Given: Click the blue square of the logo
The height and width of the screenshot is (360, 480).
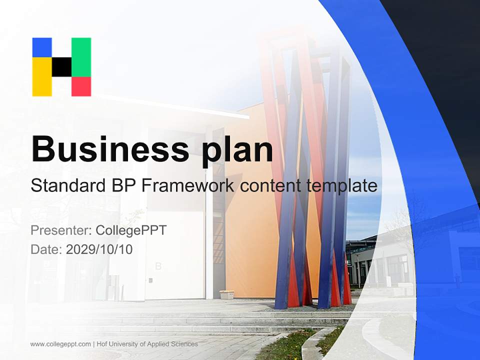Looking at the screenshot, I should tap(42, 47).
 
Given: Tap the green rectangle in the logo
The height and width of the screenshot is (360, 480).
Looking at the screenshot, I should tap(81, 56).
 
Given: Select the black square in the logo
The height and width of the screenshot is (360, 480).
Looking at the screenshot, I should tap(61, 66).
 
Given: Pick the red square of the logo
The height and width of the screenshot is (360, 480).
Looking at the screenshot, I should tap(81, 86).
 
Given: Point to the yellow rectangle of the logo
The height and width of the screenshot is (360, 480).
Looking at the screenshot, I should tap(42, 76).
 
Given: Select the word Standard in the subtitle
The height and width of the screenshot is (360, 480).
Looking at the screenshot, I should tap(66, 186).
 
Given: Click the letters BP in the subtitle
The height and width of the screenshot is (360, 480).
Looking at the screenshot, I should tap(121, 186).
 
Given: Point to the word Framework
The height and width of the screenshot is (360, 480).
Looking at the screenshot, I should tap(186, 186).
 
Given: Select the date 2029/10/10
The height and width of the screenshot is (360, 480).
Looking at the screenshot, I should tap(99, 249).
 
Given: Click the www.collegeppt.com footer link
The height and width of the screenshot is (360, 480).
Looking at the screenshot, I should tap(60, 344).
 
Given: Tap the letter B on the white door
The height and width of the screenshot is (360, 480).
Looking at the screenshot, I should tap(158, 266).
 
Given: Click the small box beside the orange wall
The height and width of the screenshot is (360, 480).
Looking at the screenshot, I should tap(226, 294).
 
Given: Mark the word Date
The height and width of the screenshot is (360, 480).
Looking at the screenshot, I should tap(46, 249).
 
